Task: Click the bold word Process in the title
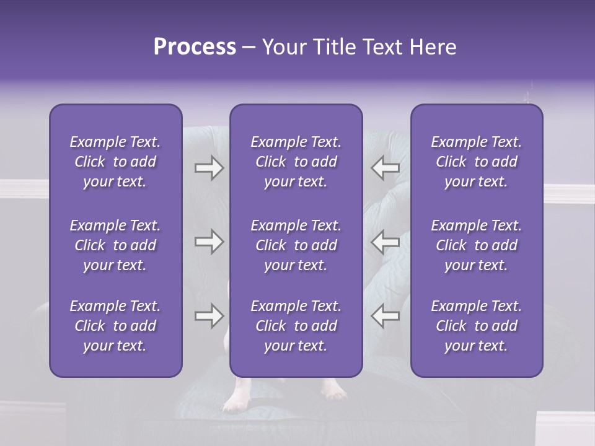pos(195,47)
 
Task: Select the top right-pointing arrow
pos(209,168)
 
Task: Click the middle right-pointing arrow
pos(209,242)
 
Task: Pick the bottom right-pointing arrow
pos(209,316)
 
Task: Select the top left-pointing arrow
pos(385,168)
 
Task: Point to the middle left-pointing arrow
pos(385,242)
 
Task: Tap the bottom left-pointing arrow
pos(385,316)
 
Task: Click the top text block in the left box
pos(115,162)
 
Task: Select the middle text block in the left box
pos(115,245)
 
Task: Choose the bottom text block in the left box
pos(115,326)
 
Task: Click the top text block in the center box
pos(296,162)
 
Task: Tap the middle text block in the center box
pos(296,245)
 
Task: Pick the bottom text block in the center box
pos(296,326)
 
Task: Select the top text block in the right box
pos(476,162)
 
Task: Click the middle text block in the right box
pos(476,245)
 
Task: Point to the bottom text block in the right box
pos(476,326)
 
